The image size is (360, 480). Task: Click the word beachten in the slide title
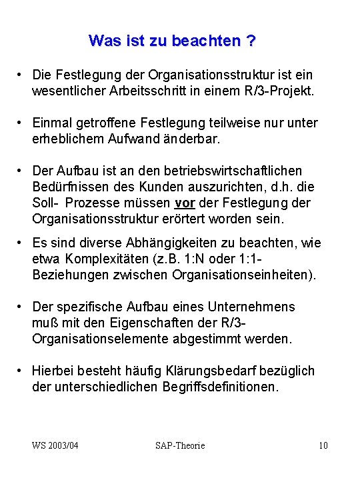(x=209, y=41)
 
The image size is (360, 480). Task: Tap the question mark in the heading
(x=251, y=41)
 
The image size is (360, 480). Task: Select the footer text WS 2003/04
(x=55, y=445)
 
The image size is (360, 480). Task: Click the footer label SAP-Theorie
(x=180, y=445)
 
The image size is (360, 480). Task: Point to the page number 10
(x=323, y=445)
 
